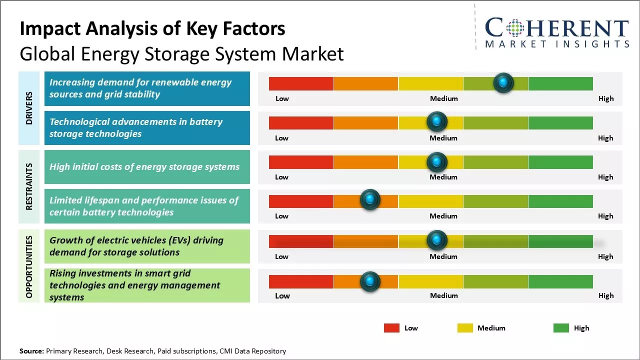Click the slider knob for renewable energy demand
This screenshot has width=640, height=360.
(x=503, y=82)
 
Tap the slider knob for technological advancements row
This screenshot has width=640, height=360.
(x=436, y=121)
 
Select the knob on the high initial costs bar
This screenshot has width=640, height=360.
(x=436, y=161)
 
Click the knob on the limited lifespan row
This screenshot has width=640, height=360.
(x=370, y=200)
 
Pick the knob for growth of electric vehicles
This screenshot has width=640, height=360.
(x=436, y=240)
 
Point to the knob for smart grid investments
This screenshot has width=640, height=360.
(x=370, y=281)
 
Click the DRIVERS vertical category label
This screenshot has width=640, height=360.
(x=29, y=108)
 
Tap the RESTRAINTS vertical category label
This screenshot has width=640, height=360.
(x=29, y=186)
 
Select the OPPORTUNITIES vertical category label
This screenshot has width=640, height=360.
(x=29, y=266)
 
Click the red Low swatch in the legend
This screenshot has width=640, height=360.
(x=391, y=328)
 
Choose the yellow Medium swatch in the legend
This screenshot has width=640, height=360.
(x=465, y=328)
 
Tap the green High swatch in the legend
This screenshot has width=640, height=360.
(x=561, y=328)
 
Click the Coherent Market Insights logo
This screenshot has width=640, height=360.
(x=557, y=32)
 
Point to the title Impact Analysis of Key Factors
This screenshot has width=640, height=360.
(x=152, y=29)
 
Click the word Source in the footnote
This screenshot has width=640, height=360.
(x=31, y=351)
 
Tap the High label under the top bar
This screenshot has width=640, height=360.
(x=606, y=98)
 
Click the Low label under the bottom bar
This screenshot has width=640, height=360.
(x=282, y=295)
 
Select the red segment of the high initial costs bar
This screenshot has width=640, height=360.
(x=301, y=162)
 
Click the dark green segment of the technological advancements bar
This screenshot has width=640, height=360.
(x=560, y=122)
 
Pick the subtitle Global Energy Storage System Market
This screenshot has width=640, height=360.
(x=181, y=54)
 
